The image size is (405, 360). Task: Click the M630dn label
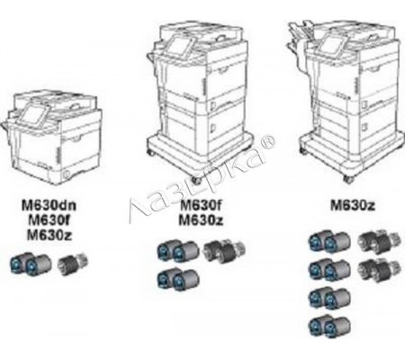(x=49, y=205)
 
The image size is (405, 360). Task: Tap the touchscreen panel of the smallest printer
(x=34, y=114)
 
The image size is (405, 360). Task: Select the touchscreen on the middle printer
(x=179, y=47)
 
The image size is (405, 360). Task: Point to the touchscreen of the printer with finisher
(x=332, y=45)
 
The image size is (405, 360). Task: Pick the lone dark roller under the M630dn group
(x=73, y=262)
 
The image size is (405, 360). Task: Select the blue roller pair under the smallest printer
(x=31, y=263)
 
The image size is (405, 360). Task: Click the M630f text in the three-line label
(x=49, y=220)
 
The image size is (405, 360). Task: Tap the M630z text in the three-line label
(x=49, y=235)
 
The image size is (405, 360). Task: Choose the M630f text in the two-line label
(x=201, y=205)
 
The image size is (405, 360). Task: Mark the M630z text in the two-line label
(x=201, y=220)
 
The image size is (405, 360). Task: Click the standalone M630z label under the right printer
(x=353, y=205)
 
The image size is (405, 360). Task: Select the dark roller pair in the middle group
(x=224, y=250)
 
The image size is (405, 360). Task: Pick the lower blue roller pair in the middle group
(x=178, y=280)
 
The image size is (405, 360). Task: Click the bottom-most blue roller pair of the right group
(x=329, y=326)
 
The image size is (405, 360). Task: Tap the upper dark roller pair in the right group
(x=380, y=241)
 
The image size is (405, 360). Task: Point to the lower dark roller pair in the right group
(x=380, y=270)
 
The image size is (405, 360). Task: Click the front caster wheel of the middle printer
(x=197, y=180)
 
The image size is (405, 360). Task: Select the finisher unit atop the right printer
(x=300, y=45)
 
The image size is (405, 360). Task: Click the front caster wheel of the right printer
(x=348, y=179)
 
